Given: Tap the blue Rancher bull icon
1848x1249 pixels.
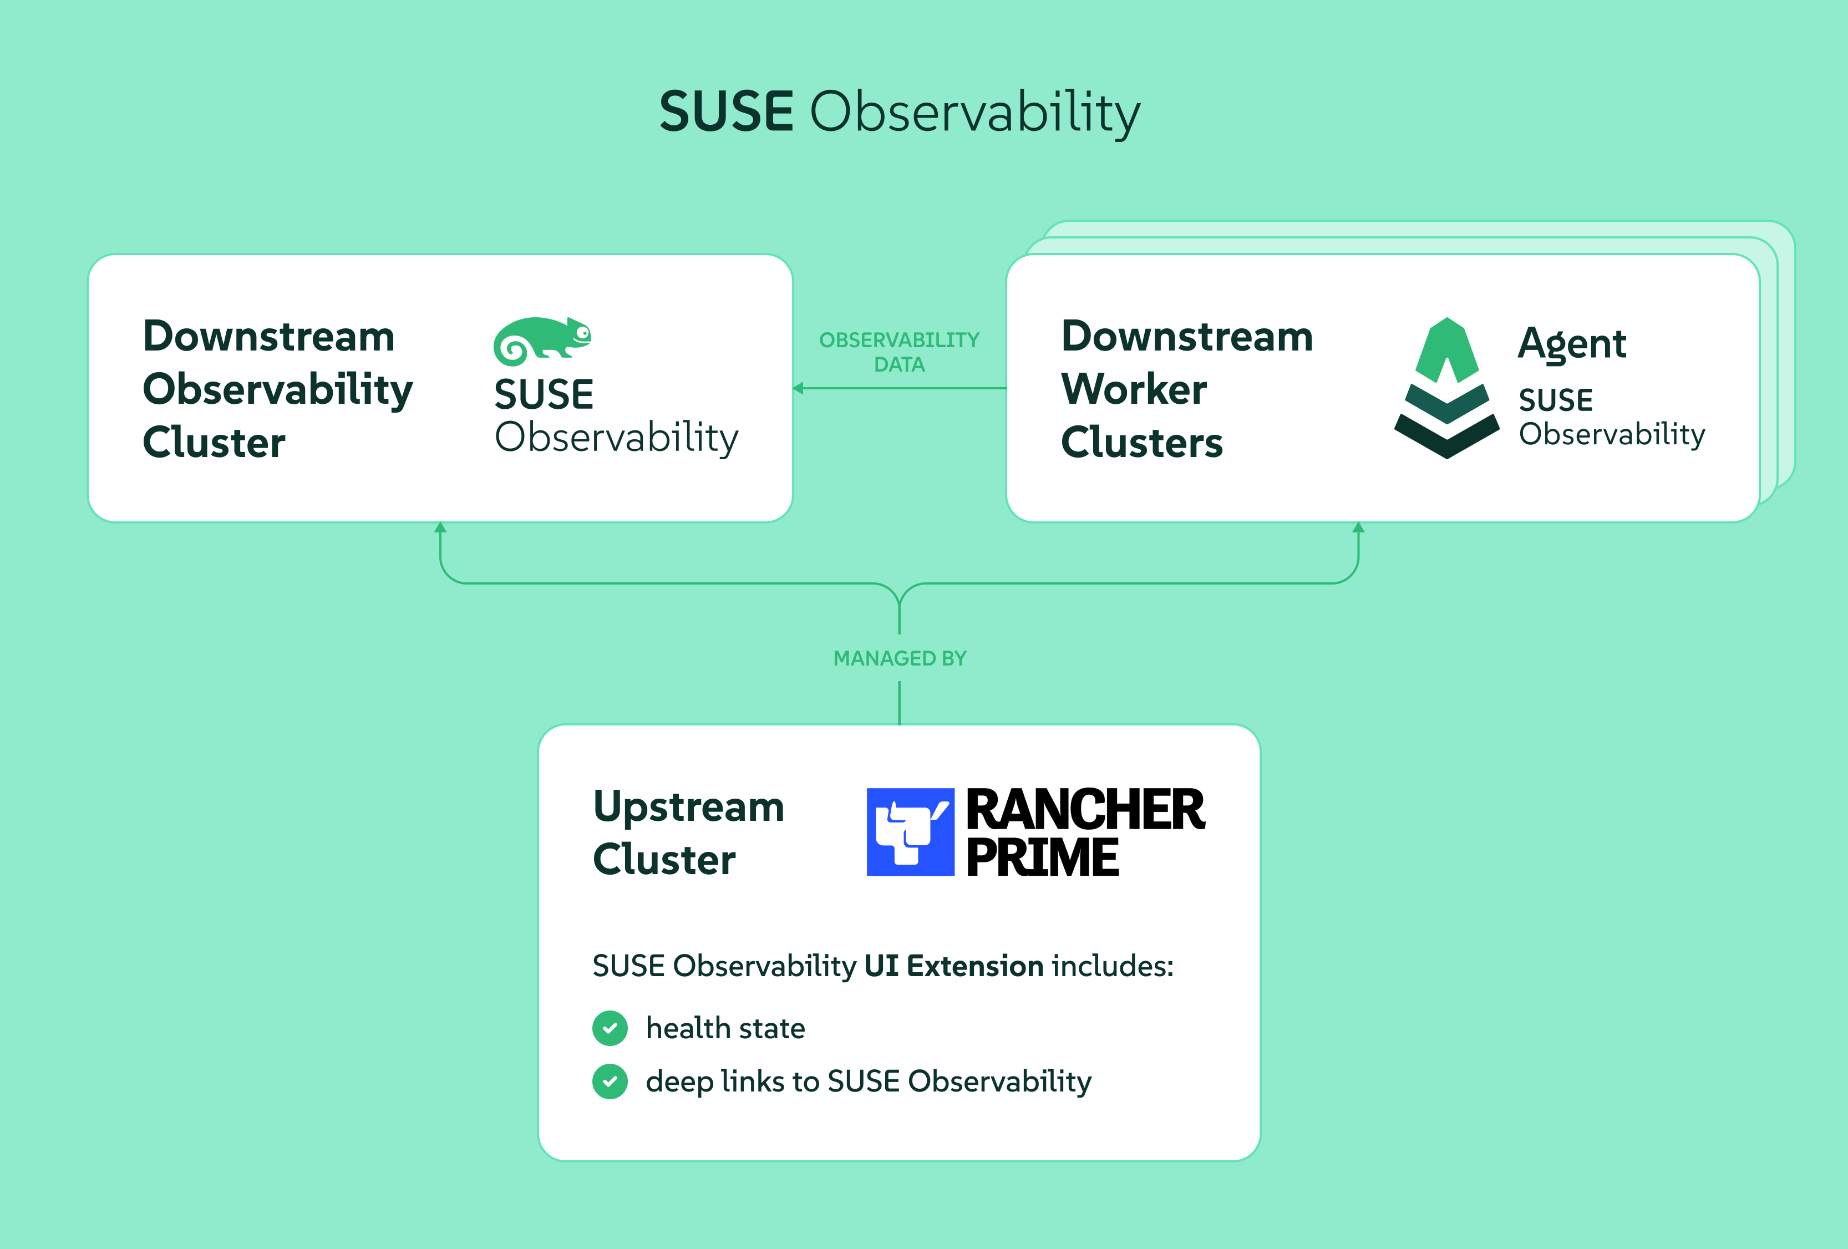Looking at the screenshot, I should pos(910,831).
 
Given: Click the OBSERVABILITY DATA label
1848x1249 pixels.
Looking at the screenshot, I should pos(900,352).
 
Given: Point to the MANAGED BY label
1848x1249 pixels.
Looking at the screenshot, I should pos(900,658).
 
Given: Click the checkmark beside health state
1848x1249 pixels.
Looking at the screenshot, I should pos(610,1028).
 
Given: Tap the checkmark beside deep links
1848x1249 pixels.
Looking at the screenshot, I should pos(610,1082).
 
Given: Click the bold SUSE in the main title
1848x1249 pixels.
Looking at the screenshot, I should pos(726,111).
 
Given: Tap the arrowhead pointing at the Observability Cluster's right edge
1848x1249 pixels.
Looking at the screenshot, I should pos(798,388).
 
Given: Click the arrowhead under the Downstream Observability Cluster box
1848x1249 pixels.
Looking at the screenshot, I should pos(440,527).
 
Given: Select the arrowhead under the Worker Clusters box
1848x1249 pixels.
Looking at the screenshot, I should pos(1358,527).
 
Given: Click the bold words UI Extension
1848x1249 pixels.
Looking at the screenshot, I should pos(953,966).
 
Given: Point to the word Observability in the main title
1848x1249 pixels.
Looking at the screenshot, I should pos(975,113).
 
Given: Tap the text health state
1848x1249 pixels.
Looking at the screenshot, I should pos(725,1028).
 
